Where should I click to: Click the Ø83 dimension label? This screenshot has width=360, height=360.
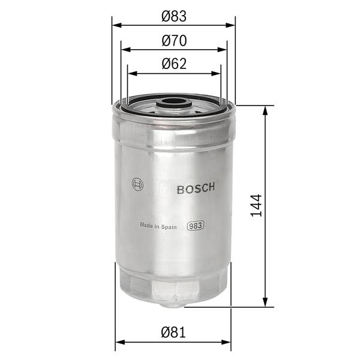click(x=174, y=17)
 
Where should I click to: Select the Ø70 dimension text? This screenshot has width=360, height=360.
click(x=174, y=41)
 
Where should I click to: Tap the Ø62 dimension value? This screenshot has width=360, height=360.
click(x=174, y=64)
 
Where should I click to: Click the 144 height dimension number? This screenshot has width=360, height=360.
click(x=256, y=206)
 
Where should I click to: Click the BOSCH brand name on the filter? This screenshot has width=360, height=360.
click(x=196, y=189)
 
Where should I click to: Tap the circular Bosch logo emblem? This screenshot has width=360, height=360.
click(x=137, y=185)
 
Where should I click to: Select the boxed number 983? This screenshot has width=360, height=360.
click(x=195, y=226)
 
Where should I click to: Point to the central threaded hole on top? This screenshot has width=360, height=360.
click(x=175, y=103)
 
